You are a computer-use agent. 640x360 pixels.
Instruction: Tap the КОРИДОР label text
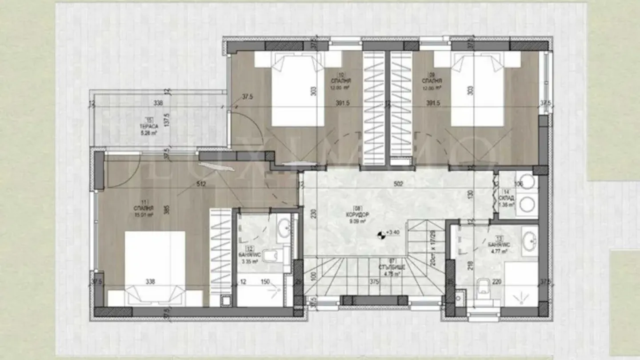pos(359,214)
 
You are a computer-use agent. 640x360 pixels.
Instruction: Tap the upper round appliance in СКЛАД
pos(528,182)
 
